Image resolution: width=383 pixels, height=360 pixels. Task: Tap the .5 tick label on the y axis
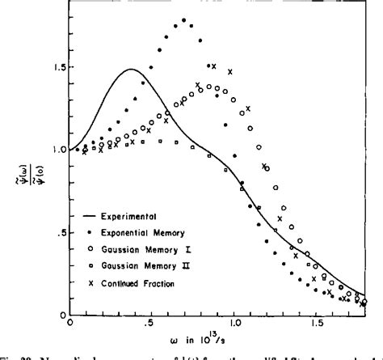pos(55,233)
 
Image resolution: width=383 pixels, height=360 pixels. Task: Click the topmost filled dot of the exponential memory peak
pos(183,20)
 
